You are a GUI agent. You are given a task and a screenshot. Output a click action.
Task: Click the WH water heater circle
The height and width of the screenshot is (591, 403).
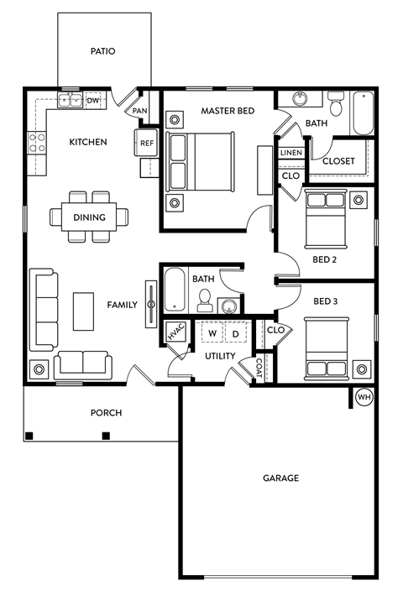(x=364, y=397)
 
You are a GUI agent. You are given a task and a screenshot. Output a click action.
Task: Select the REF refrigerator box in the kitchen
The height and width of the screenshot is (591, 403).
(x=147, y=144)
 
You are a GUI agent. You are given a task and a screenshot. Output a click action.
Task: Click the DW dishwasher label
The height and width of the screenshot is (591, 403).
(x=93, y=101)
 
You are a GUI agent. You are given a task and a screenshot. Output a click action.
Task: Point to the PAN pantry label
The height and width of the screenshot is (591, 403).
(x=139, y=110)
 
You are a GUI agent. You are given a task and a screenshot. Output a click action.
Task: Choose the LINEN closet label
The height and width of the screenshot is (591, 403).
(x=290, y=153)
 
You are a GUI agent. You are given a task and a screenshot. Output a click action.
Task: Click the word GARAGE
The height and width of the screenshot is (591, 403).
(x=281, y=478)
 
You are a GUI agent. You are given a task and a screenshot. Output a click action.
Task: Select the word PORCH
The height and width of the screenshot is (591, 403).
(x=107, y=412)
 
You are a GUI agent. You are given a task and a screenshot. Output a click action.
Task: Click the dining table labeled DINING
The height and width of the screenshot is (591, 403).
(x=89, y=217)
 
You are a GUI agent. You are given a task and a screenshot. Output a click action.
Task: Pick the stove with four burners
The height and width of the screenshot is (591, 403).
(x=37, y=143)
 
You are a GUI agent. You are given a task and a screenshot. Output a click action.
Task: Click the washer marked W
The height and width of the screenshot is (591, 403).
(x=212, y=333)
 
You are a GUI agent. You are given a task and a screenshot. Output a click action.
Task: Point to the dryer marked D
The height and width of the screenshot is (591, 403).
(x=235, y=333)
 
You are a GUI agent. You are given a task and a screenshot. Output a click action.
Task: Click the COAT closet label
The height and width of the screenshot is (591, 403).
(x=259, y=369)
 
